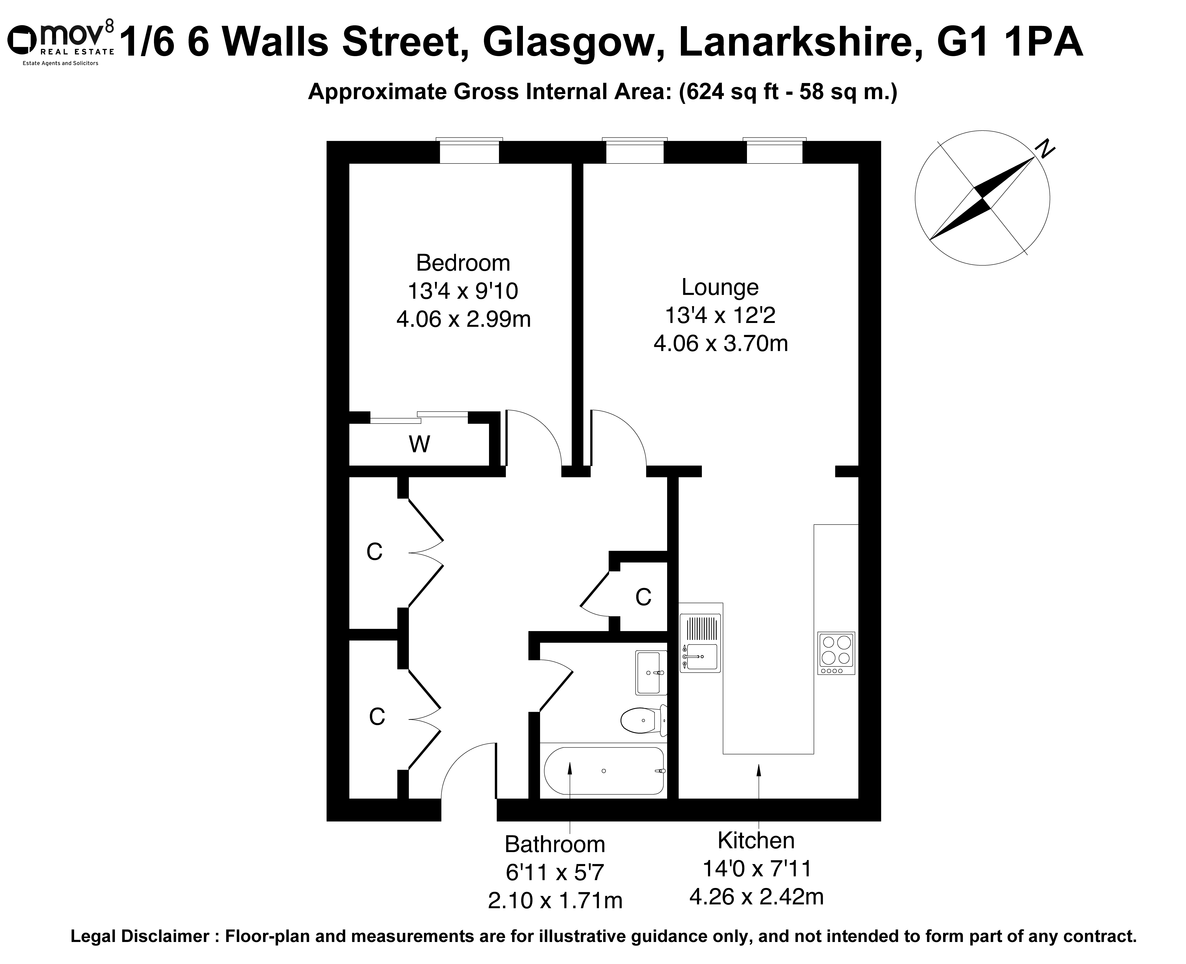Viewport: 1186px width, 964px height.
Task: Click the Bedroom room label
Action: click(463, 263)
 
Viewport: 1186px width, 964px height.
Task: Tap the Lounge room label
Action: click(720, 287)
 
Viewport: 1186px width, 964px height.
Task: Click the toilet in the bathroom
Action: click(644, 720)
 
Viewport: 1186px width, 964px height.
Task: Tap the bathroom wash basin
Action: click(651, 672)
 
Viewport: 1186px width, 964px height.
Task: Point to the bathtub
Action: click(604, 771)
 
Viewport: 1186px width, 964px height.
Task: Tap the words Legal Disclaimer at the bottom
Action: click(140, 937)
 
